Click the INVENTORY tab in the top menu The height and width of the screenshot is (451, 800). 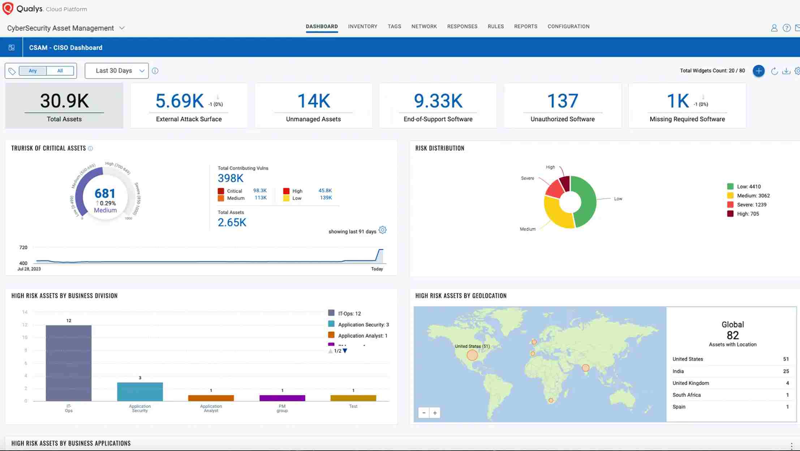coord(362,26)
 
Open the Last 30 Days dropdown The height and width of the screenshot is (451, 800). coord(117,71)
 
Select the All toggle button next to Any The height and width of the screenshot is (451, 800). coord(60,71)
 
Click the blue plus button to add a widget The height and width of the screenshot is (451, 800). coord(758,71)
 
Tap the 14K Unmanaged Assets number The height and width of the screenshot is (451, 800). coord(313,101)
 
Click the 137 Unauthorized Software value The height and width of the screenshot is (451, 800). coord(562,101)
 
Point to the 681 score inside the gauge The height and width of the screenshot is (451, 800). coord(105,193)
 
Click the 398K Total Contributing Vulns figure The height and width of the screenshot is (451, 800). coord(231,178)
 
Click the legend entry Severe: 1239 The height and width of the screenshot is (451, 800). coord(751,205)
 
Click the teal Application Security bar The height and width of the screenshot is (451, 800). coord(140,391)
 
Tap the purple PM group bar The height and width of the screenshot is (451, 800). coord(282,398)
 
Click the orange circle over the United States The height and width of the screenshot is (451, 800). coord(472,355)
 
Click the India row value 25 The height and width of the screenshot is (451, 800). coord(786,371)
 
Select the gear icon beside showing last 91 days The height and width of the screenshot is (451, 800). coord(383,230)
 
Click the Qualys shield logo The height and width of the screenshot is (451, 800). coord(8,8)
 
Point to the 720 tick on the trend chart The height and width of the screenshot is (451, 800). coord(23,248)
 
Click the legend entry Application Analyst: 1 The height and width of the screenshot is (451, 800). coord(362,336)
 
